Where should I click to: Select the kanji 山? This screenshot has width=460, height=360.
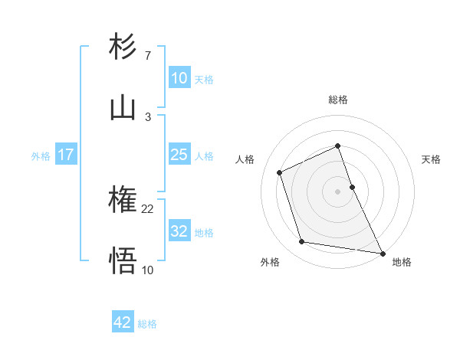tap(123, 108)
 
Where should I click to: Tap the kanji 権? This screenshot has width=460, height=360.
tap(123, 201)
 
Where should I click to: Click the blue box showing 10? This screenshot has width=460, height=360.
tap(179, 78)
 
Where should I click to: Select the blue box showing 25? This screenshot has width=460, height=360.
tap(179, 155)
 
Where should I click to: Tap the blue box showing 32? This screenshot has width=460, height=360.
tap(179, 231)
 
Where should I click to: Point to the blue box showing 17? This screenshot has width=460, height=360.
tap(65, 155)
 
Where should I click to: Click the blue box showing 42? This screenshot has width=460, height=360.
tap(123, 322)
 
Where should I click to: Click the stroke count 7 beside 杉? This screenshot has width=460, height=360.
tap(148, 56)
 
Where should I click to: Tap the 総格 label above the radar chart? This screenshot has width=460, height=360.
tap(338, 100)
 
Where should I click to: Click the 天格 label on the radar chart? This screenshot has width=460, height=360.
tap(432, 159)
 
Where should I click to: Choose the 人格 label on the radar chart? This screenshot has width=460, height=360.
tap(245, 159)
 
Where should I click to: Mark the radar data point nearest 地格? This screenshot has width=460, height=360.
tap(382, 252)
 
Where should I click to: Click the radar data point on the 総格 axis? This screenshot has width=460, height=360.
tap(338, 146)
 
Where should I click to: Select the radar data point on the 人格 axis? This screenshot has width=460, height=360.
tap(280, 172)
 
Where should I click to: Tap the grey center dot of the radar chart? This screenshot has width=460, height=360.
tap(338, 191)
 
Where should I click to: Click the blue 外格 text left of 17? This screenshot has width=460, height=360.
tap(41, 155)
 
